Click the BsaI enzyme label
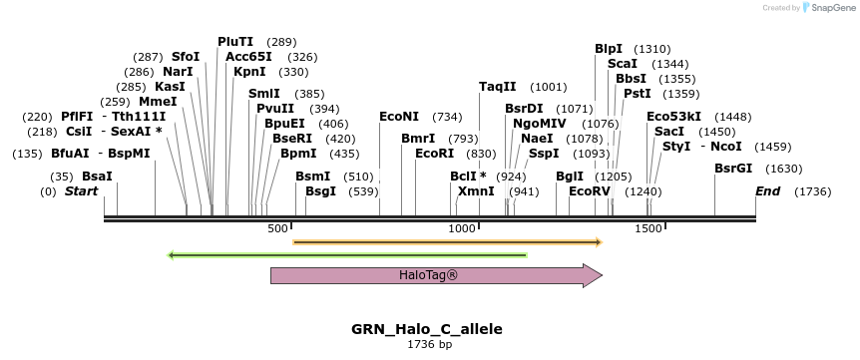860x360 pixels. pos(97,176)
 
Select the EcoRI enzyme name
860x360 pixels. pos(434,154)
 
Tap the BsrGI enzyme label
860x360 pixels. pos(733,168)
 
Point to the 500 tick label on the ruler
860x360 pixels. pos(278,229)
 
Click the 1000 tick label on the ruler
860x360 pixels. pos(462,229)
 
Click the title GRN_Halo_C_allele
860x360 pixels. pos(426,329)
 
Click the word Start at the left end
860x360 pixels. pos(82,190)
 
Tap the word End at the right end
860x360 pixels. pos(767,190)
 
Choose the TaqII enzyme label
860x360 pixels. pos(498,87)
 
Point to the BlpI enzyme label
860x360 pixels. pos(609,48)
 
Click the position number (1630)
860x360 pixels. pos(784,168)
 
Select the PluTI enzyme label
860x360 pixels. pos(235,42)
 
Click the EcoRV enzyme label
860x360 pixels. pos(589,190)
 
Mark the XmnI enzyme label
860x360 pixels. pos(476,190)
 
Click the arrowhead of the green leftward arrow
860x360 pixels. pos(172,255)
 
